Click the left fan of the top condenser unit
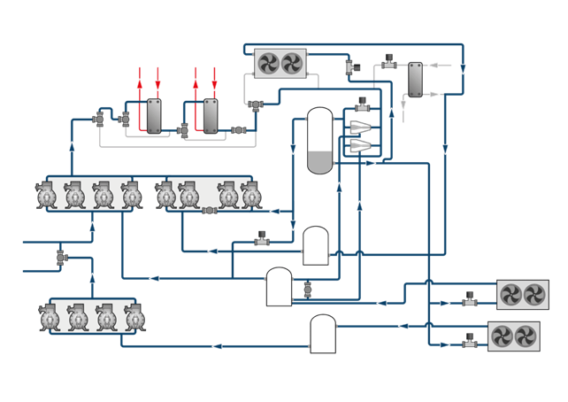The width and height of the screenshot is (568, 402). pos(269,63)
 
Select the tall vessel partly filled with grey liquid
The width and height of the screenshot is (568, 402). pos(319,141)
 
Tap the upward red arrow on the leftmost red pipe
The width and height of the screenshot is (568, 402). pos(140,84)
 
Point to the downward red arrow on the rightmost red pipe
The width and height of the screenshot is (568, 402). pos(213,84)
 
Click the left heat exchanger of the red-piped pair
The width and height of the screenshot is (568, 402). pos(154,115)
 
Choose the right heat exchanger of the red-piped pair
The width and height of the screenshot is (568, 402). pos(211,115)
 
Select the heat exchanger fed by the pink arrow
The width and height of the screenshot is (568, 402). pos(415,81)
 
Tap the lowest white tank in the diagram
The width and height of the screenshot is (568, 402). pos(323,334)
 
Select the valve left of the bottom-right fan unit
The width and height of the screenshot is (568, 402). pos(470,338)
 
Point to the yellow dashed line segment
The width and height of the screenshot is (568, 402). pos(212,279)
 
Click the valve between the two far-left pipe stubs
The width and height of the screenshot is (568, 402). pos(62,257)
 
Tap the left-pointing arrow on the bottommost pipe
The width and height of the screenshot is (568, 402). pos(217,346)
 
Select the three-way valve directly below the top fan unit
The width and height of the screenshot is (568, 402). pos(257,105)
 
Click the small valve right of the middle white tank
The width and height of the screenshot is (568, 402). pos(308,289)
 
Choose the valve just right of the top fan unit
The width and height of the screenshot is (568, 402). pos(349,66)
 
